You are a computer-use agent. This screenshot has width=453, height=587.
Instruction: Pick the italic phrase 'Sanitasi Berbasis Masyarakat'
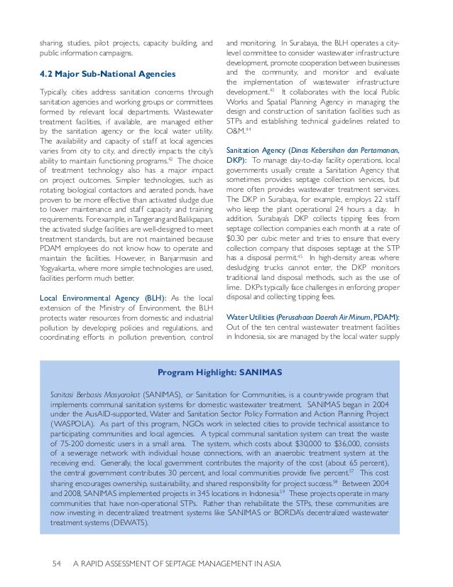[x=94, y=394]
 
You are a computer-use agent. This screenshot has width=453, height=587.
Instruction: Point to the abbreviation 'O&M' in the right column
[x=236, y=131]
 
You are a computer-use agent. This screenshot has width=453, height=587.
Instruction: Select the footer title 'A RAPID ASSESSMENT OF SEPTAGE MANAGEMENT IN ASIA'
[x=178, y=565]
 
